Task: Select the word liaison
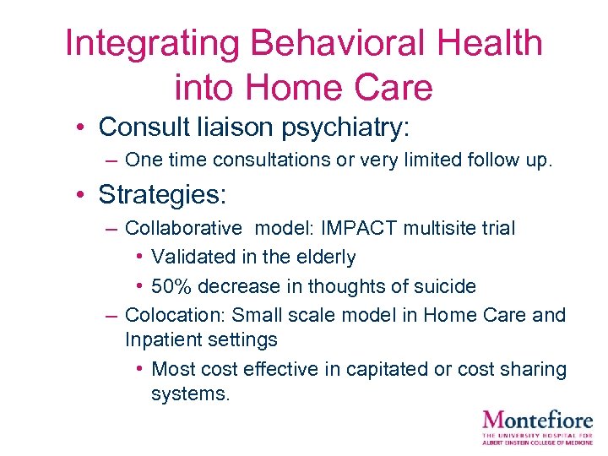[224, 128]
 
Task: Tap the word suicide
[442, 286]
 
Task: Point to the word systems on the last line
[190, 394]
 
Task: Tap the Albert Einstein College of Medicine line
[537, 442]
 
